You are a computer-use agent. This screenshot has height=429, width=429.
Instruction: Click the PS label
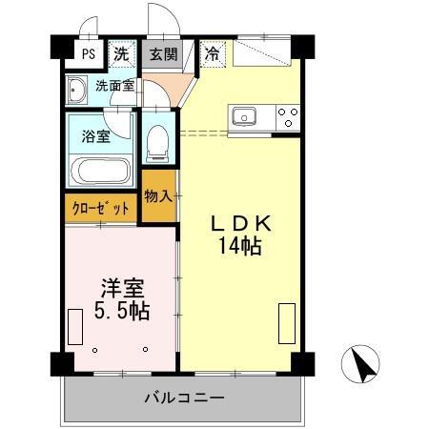[x=89, y=53]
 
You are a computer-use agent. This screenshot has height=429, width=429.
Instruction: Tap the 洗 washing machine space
[x=122, y=53]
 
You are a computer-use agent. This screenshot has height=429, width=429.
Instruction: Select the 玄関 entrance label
[x=163, y=54]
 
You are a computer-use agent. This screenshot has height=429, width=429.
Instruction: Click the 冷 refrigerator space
[x=213, y=53]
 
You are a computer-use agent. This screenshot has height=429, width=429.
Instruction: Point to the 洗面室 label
[x=115, y=86]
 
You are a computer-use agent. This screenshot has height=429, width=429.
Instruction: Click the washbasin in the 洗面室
[x=76, y=90]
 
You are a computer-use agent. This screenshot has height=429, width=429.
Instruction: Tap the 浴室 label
[x=96, y=136]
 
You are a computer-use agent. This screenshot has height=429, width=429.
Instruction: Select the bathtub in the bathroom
[x=101, y=171]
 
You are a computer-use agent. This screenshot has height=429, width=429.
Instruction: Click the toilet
[x=157, y=144]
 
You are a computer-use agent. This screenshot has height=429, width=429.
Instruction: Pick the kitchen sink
[x=244, y=116]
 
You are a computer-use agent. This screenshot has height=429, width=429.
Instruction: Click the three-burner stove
[x=288, y=117]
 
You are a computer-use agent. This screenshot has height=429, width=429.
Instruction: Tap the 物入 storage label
[x=158, y=196]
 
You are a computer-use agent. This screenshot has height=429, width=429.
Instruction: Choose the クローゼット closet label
[x=101, y=209]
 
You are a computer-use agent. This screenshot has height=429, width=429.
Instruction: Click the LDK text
[x=242, y=223]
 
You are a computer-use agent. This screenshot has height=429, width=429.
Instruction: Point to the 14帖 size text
[x=240, y=246]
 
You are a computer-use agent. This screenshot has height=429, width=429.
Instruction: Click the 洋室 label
[x=123, y=288]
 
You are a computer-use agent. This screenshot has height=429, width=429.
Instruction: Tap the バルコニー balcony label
[x=185, y=398]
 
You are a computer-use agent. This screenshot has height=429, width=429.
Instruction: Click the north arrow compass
[x=360, y=364]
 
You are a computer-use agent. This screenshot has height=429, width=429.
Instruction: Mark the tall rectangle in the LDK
[x=287, y=323]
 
